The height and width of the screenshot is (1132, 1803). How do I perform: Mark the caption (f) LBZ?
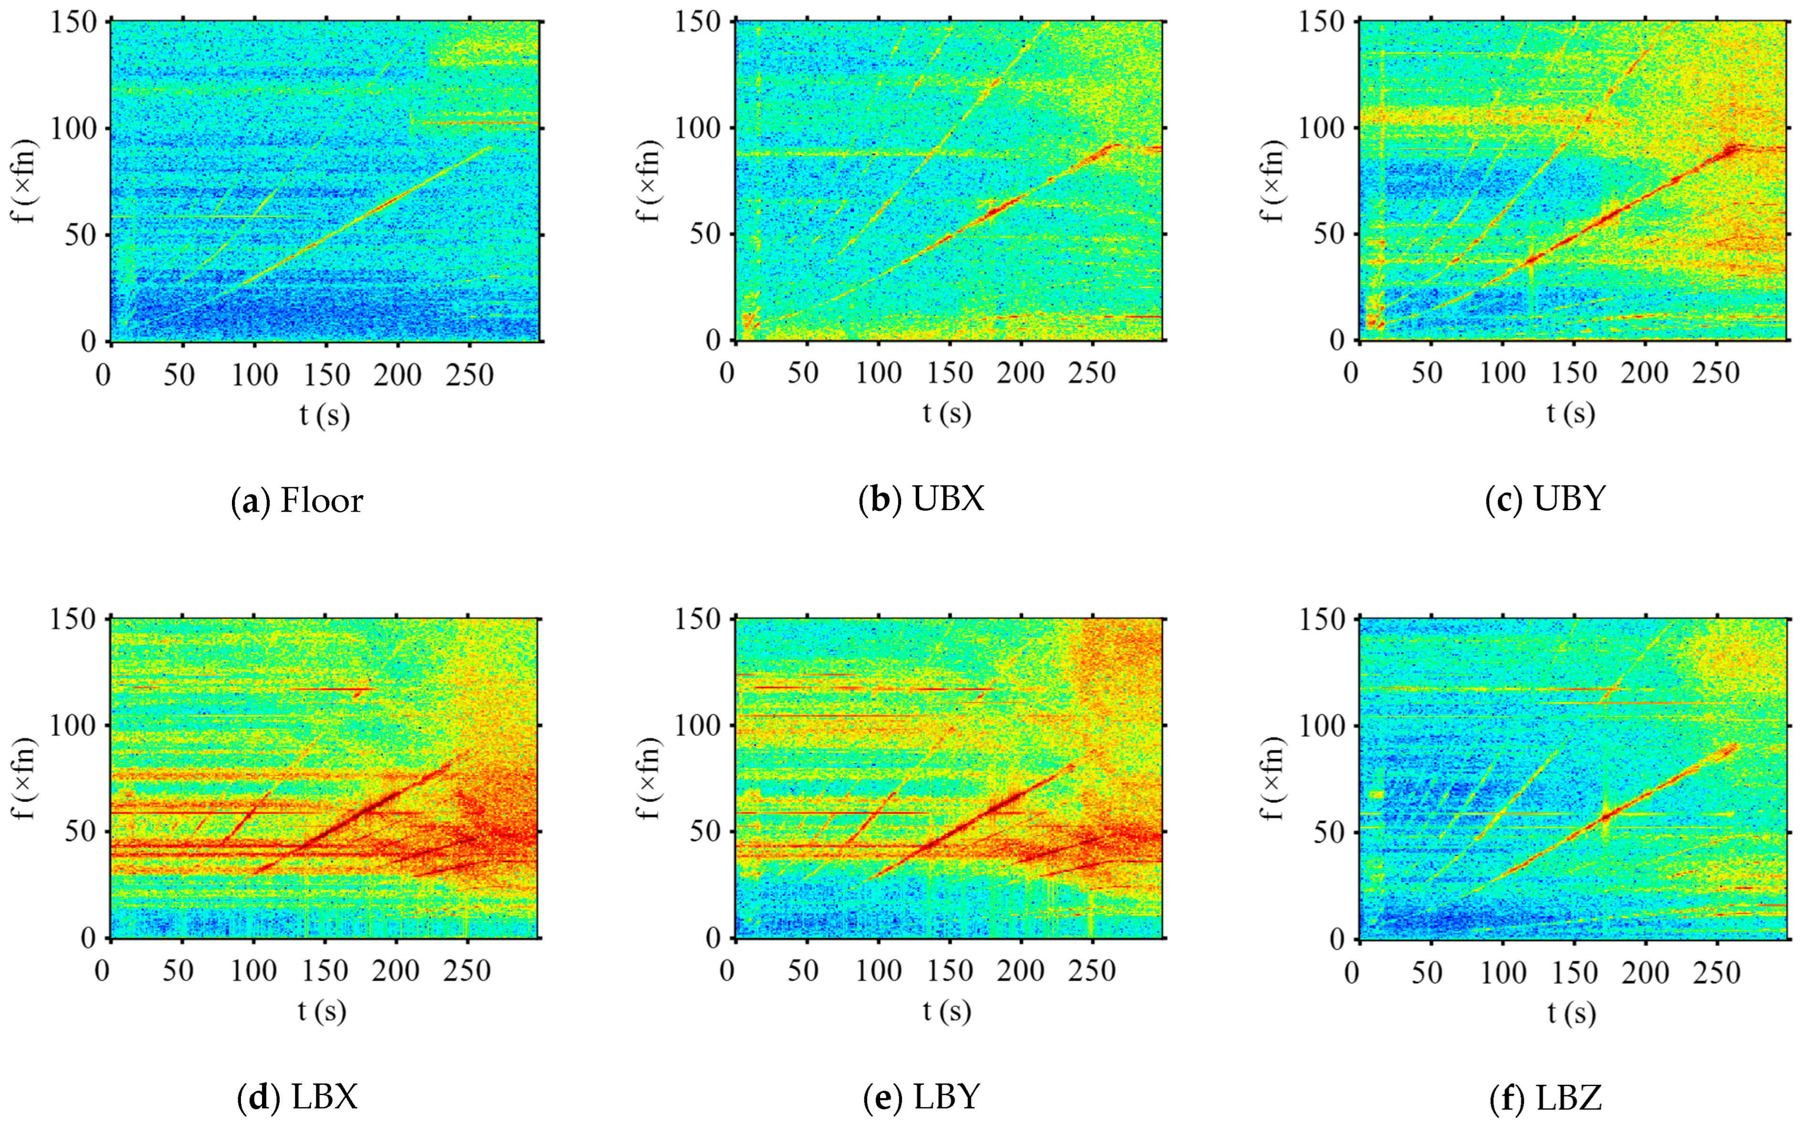pos(1546,1098)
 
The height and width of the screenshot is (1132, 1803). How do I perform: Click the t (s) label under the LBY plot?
pos(947,1011)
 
